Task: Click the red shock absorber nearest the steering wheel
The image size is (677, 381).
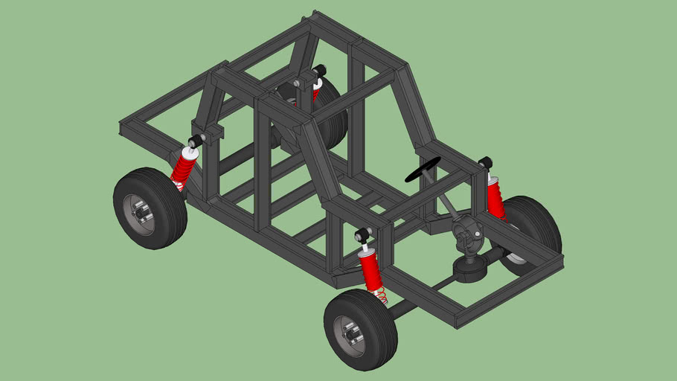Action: point(495,197)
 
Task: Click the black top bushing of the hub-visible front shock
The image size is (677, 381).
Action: point(363,237)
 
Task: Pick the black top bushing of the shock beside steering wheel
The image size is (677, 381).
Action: point(486,162)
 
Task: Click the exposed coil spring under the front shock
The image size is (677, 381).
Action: point(380,296)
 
